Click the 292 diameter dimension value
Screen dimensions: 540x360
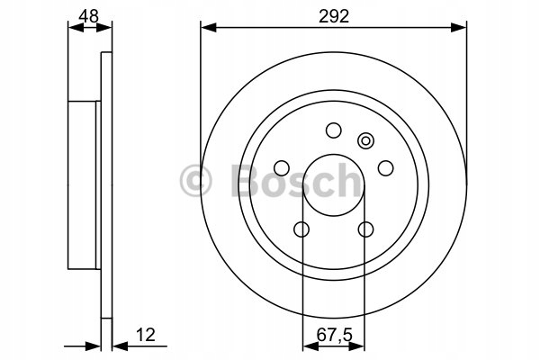(x=334, y=16)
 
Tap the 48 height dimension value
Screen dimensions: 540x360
(x=89, y=16)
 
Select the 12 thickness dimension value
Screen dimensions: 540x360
(x=146, y=335)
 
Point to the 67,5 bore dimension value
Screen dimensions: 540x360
(x=335, y=335)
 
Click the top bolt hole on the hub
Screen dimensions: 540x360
(x=333, y=130)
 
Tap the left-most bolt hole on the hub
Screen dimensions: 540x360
(x=282, y=168)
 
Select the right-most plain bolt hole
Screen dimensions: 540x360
(x=385, y=168)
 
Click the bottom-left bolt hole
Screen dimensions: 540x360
(x=301, y=229)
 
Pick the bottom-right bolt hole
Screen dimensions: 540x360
(x=365, y=229)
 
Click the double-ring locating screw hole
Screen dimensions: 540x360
(x=365, y=141)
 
